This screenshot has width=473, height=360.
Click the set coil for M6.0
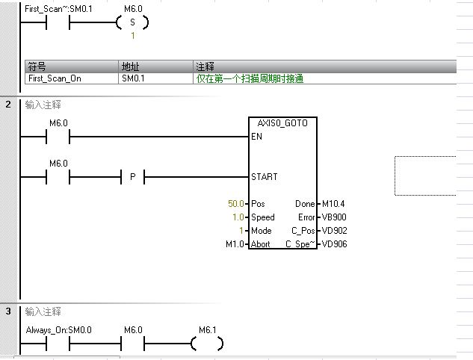(133, 23)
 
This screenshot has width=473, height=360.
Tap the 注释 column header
(204, 66)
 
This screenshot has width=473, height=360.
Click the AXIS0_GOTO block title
(282, 122)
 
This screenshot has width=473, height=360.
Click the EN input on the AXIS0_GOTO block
(257, 137)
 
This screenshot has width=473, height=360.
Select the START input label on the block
(265, 177)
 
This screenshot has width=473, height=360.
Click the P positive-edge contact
(132, 177)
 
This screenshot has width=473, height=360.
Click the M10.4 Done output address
(333, 204)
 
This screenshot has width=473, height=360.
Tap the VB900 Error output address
(333, 217)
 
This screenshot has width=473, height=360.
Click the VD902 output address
(334, 231)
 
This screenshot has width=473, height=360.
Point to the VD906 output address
(334, 244)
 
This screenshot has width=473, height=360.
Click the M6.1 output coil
(207, 344)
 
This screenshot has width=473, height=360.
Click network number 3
(7, 311)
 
